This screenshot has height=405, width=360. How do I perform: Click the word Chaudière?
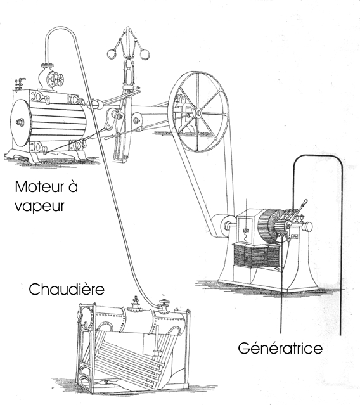click(67, 289)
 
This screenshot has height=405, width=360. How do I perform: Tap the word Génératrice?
click(280, 348)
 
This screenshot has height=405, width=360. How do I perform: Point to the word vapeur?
click(39, 207)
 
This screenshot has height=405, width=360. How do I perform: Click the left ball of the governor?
click(112, 54)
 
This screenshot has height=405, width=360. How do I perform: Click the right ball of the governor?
click(145, 55)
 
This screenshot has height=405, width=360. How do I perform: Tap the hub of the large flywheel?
click(198, 113)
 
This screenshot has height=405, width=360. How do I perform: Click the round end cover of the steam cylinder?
click(20, 123)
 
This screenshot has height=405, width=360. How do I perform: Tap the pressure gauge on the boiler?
click(80, 315)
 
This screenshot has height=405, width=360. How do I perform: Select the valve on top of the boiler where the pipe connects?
click(164, 305)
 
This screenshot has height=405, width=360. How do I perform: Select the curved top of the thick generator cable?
click(318, 155)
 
